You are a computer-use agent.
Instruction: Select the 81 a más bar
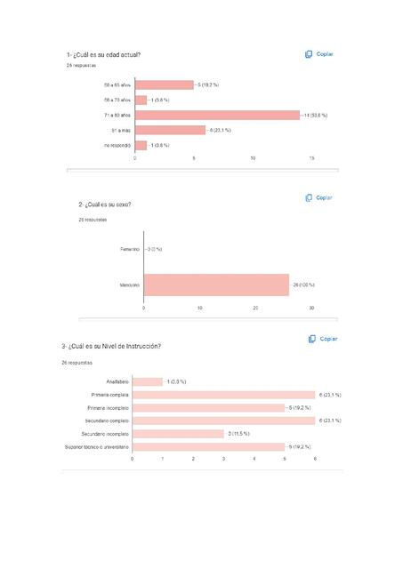click(x=170, y=130)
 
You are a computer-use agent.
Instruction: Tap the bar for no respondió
click(x=141, y=145)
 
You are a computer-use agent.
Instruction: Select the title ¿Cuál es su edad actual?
click(x=103, y=55)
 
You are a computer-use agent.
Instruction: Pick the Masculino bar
click(x=216, y=284)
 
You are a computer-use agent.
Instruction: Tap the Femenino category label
click(x=129, y=249)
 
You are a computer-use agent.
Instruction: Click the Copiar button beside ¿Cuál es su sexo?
click(x=318, y=197)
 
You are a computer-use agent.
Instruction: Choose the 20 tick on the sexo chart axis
click(x=255, y=308)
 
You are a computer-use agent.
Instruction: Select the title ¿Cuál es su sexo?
click(x=104, y=204)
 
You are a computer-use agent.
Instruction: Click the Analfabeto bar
click(x=148, y=381)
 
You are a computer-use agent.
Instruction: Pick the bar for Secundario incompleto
click(x=178, y=433)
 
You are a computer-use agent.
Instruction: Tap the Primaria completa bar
click(x=223, y=394)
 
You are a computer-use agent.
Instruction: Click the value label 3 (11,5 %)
click(x=238, y=433)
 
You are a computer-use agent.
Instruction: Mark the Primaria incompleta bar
click(x=208, y=407)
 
